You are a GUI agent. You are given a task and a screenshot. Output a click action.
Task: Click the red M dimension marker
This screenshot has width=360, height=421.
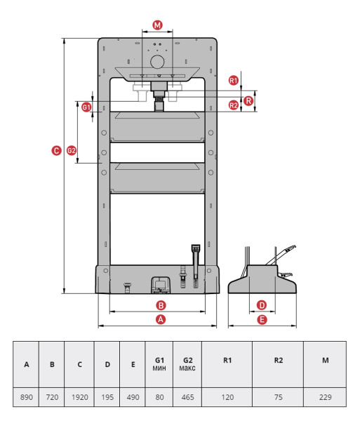click(157, 25)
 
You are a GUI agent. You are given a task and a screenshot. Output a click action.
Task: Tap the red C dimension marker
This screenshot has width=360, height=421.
click(56, 150)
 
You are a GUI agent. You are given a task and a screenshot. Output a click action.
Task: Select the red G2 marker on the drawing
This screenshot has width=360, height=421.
click(72, 150)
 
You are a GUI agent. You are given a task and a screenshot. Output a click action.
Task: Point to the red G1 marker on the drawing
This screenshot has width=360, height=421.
click(86, 107)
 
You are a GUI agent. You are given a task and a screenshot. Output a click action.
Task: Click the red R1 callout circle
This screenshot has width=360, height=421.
click(234, 80)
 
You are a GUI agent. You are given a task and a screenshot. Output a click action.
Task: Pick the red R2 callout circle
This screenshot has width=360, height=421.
click(234, 105)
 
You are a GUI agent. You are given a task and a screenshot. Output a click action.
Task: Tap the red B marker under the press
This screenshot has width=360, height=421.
click(161, 305)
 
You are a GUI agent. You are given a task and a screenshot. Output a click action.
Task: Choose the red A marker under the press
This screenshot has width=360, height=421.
click(161, 319)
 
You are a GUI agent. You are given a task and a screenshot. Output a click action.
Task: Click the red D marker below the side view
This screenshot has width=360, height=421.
click(262, 305)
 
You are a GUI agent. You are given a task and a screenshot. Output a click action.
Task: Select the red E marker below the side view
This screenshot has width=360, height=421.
click(262, 319)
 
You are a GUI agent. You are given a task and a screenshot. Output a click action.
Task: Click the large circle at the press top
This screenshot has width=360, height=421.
click(157, 62)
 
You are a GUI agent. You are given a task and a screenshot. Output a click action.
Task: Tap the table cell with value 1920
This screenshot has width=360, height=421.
click(79, 397)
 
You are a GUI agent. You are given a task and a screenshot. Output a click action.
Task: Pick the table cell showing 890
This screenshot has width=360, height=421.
click(26, 397)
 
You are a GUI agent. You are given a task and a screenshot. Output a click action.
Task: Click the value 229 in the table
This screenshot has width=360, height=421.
click(326, 397)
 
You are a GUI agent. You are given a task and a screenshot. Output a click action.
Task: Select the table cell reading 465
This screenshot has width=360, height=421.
click(187, 397)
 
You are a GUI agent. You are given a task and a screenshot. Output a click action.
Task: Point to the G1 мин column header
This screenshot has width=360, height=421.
click(159, 364)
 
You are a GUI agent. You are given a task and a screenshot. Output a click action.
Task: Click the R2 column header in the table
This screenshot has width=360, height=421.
click(278, 364)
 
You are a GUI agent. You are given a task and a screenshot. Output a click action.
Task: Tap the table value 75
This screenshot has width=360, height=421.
click(278, 397)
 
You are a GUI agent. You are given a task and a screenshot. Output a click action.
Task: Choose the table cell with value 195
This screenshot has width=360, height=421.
click(107, 397)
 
